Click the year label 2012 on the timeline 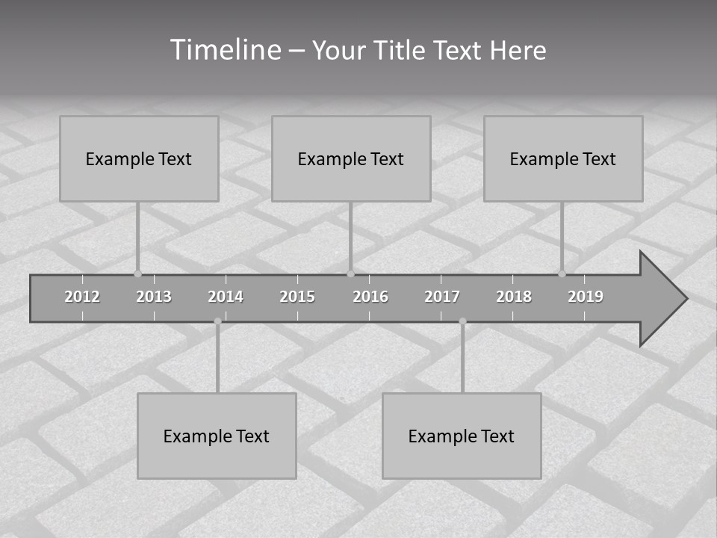pos(82,297)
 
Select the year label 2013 pos(154,297)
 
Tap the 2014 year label pos(226,297)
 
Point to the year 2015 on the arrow pos(297,297)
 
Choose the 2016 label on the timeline pos(370,297)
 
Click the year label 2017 pos(442,297)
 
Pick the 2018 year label pos(514,297)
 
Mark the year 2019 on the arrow pos(586,297)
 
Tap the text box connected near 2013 pos(139,158)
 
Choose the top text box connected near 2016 pos(351,158)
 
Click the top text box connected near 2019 pos(563,158)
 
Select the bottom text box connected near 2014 pos(217,436)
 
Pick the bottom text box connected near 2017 pos(462,436)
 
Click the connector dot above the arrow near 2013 pos(137,273)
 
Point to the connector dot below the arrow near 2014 pos(217,321)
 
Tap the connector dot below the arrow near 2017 pos(462,321)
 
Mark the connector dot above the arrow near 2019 pos(562,273)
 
